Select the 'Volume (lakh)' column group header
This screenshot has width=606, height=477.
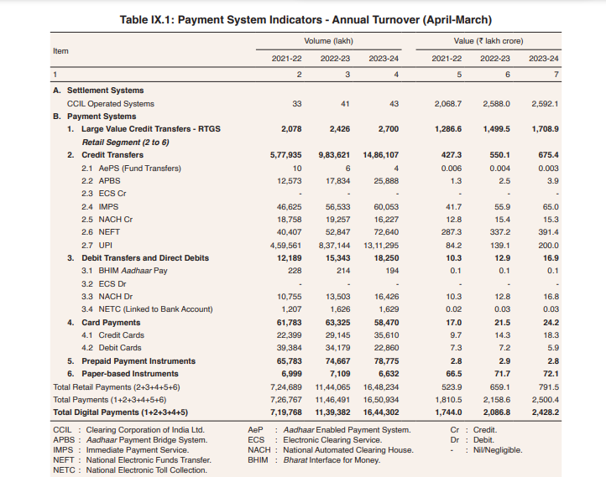(x=334, y=40)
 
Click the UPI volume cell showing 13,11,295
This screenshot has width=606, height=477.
(x=381, y=245)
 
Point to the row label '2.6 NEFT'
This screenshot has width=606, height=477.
(x=100, y=232)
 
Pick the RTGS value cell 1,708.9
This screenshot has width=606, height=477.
(x=545, y=130)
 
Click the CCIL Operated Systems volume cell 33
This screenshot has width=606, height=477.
(x=296, y=104)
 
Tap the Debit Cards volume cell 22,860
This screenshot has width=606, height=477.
(x=384, y=348)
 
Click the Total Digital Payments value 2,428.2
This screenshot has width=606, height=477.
(x=545, y=412)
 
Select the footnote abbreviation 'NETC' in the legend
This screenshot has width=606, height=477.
(x=65, y=470)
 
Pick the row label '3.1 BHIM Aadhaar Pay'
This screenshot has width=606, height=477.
(x=123, y=271)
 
